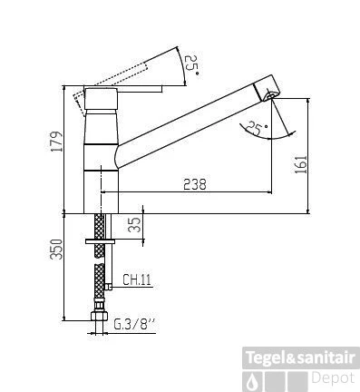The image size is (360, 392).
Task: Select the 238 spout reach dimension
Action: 193,183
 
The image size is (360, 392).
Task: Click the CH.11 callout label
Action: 135,280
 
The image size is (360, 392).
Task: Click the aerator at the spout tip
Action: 268,95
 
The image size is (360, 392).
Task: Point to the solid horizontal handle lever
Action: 127,89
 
